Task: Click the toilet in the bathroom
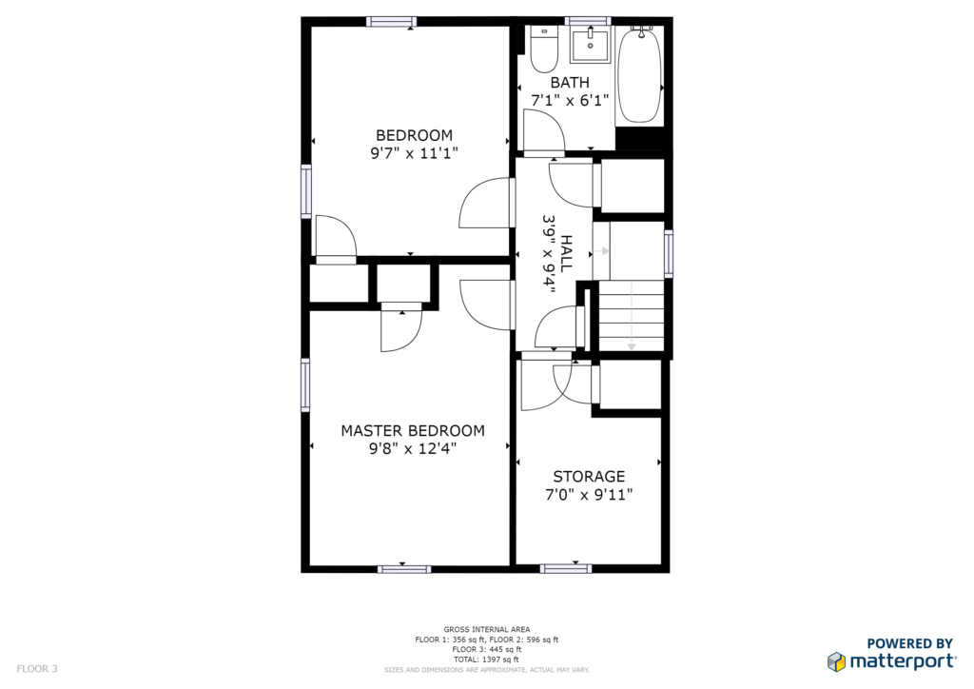[543, 49]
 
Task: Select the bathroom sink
[591, 44]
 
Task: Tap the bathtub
[639, 76]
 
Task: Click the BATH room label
[570, 82]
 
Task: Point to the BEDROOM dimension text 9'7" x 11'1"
[414, 153]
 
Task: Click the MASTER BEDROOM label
[413, 430]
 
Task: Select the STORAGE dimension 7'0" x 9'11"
[589, 495]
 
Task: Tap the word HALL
[566, 253]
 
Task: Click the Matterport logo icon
[836, 661]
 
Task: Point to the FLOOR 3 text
[37, 669]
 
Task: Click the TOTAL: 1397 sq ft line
[486, 659]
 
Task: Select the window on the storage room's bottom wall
[565, 568]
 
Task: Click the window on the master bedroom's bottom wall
[404, 568]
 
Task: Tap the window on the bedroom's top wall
[391, 22]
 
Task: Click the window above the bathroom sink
[588, 21]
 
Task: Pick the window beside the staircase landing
[669, 253]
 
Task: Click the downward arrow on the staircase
[632, 315]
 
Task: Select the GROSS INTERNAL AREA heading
[486, 629]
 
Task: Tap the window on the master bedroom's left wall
[305, 385]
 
